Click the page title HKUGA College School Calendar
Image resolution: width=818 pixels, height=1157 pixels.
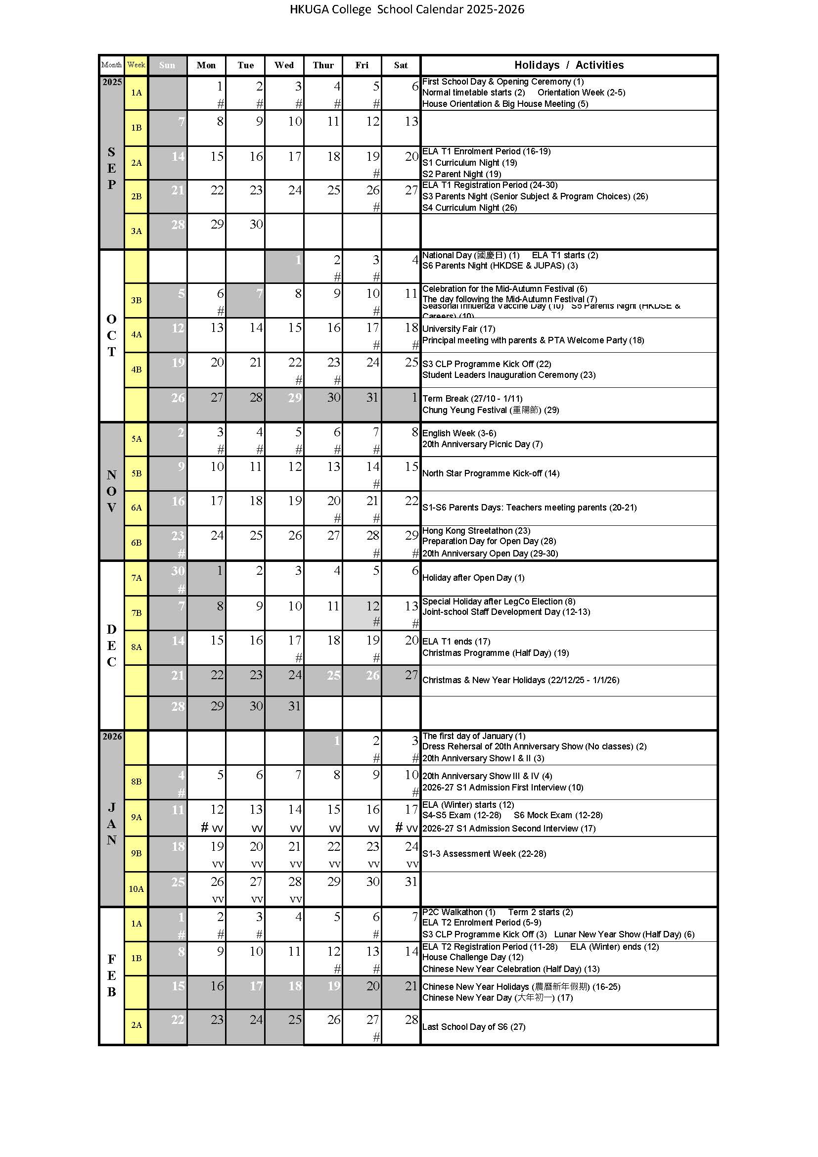pos(407,9)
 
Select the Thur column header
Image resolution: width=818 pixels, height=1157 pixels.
pos(323,65)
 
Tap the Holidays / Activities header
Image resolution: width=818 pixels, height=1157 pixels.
pos(569,65)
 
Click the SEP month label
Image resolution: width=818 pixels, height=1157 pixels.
pos(111,168)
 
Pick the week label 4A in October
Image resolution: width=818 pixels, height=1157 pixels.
pos(136,334)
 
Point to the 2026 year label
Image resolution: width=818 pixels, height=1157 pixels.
pos(112,736)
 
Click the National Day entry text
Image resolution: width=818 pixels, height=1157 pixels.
pos(470,255)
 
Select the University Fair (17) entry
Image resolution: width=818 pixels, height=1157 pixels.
pos(458,329)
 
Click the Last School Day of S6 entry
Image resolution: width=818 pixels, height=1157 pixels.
pos(473,1026)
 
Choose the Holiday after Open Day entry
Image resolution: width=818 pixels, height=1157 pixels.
pos(473,577)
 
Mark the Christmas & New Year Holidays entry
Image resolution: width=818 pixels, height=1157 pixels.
pos(520,680)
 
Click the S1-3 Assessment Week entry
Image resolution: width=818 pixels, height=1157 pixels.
pos(484,854)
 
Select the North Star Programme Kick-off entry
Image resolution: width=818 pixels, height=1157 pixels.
pos(491,473)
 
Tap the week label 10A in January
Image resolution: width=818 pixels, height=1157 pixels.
pos(136,888)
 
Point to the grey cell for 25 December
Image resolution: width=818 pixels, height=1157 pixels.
pos(323,680)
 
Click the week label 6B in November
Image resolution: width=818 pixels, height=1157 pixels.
pos(136,543)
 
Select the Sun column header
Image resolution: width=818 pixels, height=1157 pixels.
pos(167,65)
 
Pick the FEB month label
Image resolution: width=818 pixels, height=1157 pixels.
pos(111,975)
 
